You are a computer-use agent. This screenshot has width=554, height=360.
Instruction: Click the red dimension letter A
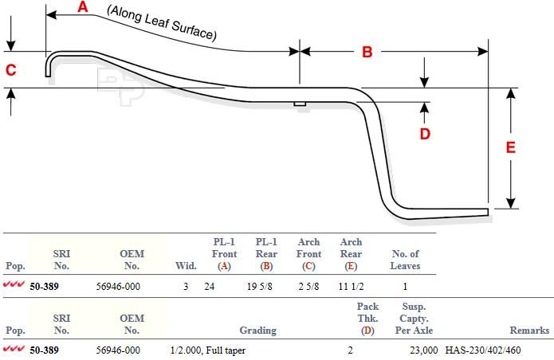(x=82, y=6)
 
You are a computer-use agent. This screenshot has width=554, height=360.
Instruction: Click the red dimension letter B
(x=367, y=52)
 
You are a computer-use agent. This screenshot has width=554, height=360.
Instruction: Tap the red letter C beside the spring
(x=11, y=70)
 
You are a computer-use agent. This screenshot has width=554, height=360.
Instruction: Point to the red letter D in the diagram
(x=425, y=134)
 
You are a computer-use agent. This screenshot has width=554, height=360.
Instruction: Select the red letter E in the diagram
(x=510, y=147)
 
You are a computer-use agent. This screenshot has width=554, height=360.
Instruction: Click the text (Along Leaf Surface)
(x=162, y=23)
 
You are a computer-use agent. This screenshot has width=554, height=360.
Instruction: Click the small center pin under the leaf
(x=300, y=104)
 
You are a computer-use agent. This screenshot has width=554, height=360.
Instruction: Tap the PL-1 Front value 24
(x=209, y=286)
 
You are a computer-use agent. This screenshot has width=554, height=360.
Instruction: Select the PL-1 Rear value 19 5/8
(x=260, y=286)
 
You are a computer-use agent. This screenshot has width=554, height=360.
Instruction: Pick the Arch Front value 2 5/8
(x=308, y=286)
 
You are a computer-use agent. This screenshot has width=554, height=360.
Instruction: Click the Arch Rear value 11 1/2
(x=351, y=286)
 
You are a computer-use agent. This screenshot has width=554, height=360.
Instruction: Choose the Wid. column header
(x=186, y=266)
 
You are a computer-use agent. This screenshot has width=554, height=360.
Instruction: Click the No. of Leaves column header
(x=405, y=260)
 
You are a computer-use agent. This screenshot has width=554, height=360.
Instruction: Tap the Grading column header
(x=258, y=331)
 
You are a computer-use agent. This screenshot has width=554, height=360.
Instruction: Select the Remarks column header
(x=529, y=331)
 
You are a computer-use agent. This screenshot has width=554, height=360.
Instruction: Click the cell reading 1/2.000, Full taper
(x=208, y=350)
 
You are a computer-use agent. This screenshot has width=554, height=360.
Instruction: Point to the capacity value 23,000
(x=424, y=350)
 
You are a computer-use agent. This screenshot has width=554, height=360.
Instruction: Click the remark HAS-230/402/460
(x=483, y=350)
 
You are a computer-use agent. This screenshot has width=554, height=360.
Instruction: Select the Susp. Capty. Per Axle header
(x=414, y=319)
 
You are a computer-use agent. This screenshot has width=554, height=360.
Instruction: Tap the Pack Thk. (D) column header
(x=367, y=319)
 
